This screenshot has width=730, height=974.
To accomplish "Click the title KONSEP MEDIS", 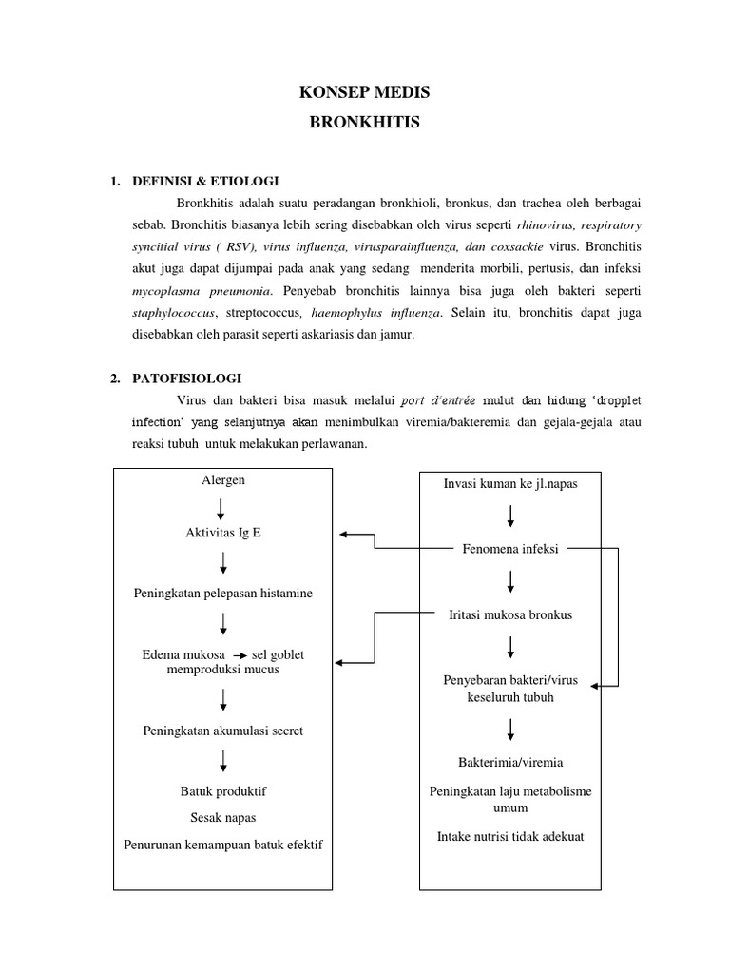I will pyautogui.click(x=365, y=92).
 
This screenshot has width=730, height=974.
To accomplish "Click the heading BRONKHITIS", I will pyautogui.click(x=365, y=123).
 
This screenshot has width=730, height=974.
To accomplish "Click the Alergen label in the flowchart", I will pyautogui.click(x=223, y=480).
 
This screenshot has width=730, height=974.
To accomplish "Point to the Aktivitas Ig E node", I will pyautogui.click(x=222, y=533).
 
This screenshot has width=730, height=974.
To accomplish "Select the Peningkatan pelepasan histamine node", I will pyautogui.click(x=222, y=594).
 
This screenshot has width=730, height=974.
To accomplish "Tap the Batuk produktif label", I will pyautogui.click(x=223, y=790).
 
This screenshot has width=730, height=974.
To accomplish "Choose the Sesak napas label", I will pyautogui.click(x=223, y=817).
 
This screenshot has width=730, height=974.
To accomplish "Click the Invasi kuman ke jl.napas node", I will pyautogui.click(x=510, y=484).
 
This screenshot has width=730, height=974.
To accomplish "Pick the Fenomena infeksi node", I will pyautogui.click(x=510, y=550).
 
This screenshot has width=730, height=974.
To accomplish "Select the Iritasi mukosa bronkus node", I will pyautogui.click(x=510, y=614).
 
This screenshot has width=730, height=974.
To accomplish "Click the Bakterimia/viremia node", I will pyautogui.click(x=510, y=762).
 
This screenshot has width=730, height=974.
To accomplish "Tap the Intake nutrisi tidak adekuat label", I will pyautogui.click(x=510, y=837).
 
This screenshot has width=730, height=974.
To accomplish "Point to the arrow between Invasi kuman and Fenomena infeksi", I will pyautogui.click(x=511, y=516).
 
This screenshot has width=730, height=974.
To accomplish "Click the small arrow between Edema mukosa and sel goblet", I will pyautogui.click(x=240, y=656).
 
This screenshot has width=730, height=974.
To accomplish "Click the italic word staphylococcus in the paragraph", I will pyautogui.click(x=175, y=313).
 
